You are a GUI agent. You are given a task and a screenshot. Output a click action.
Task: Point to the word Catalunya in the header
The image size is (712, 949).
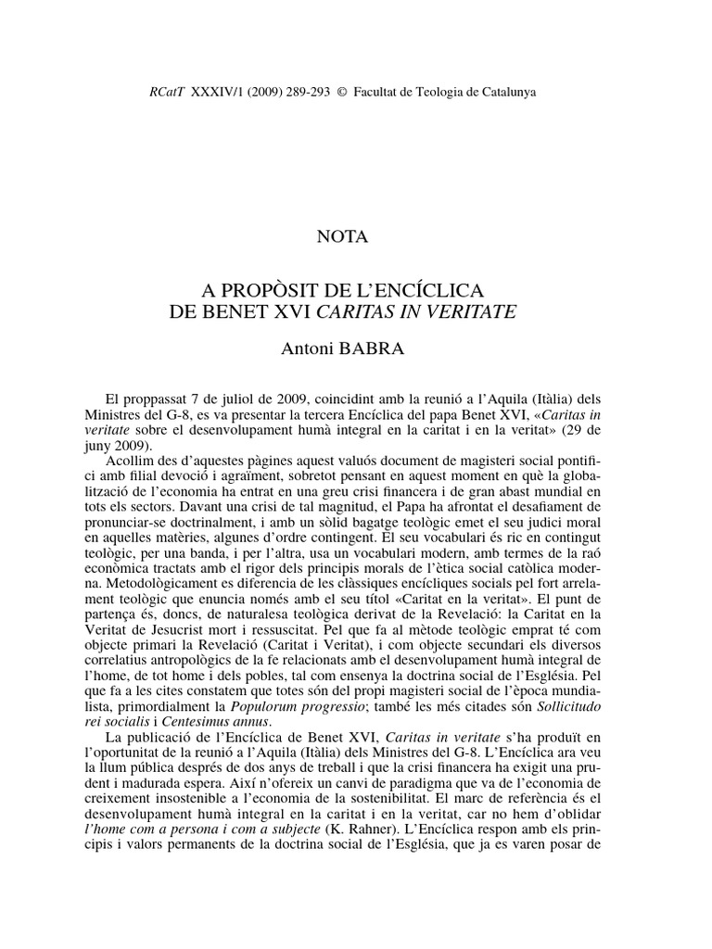[505, 92]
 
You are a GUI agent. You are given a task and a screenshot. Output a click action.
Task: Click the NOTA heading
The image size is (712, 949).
[343, 237]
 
